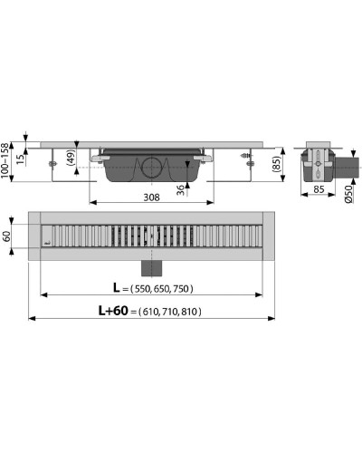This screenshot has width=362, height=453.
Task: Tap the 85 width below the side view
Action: coord(318,191)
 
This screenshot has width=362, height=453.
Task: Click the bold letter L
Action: coord(117,288)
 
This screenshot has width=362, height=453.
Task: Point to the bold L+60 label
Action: coord(110,311)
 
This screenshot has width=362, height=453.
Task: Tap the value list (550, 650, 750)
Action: coord(161,289)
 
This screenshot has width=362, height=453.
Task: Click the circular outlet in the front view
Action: coord(149,169)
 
